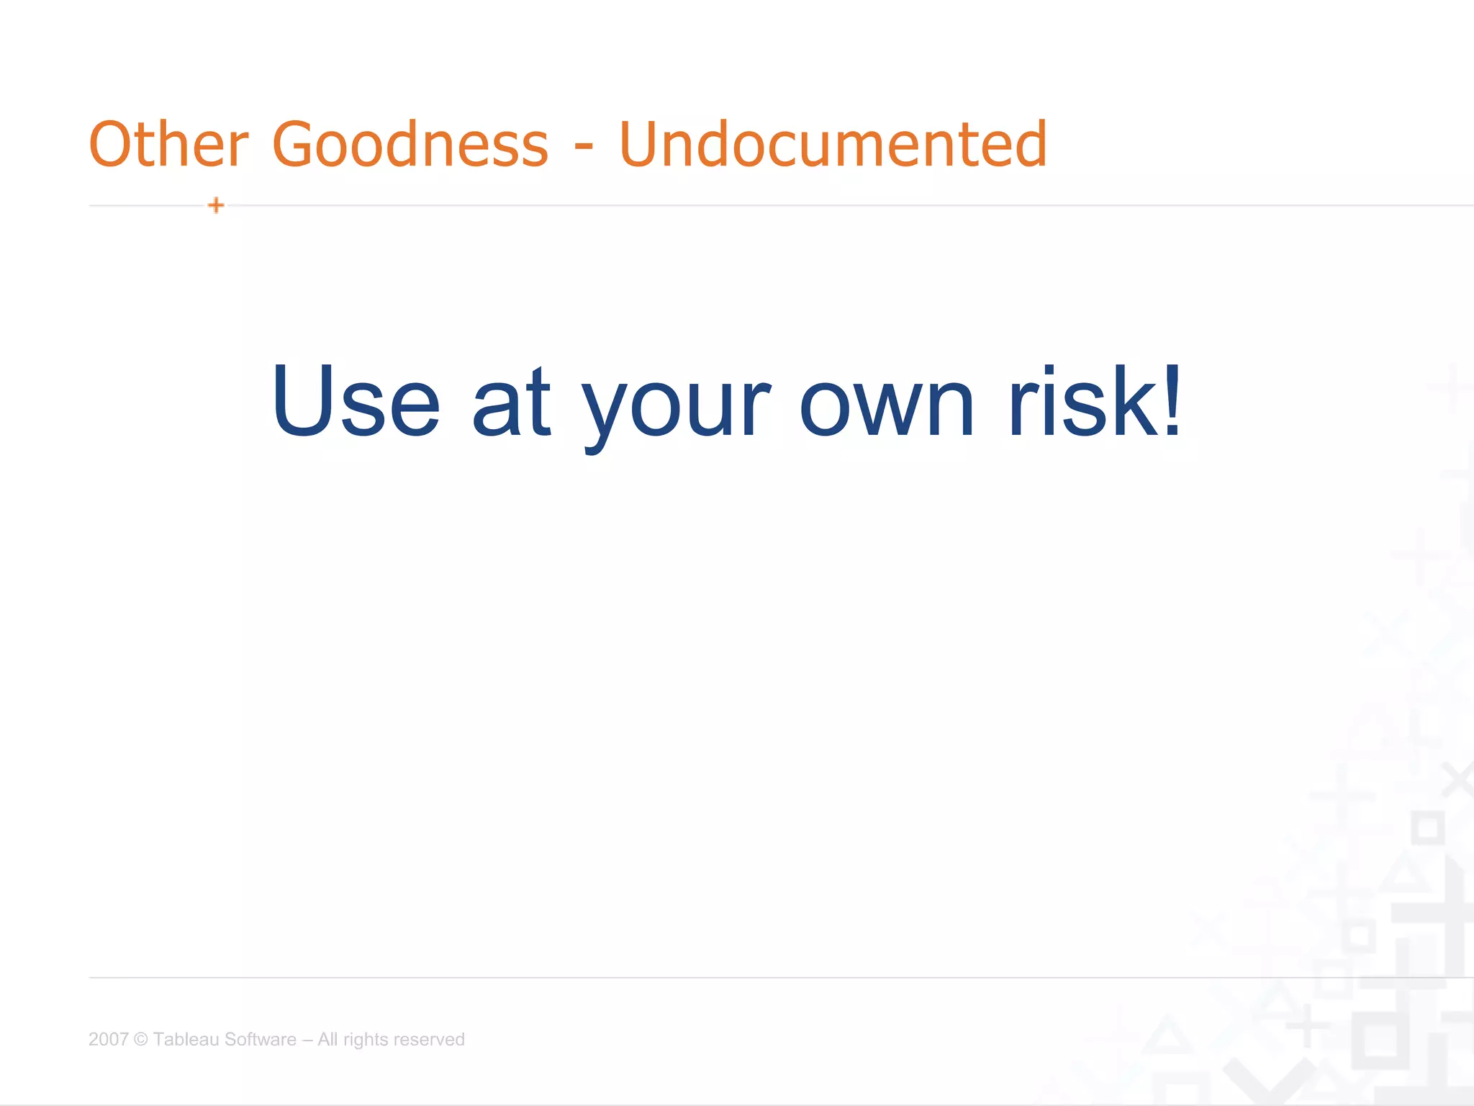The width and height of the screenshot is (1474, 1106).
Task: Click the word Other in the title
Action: tap(168, 145)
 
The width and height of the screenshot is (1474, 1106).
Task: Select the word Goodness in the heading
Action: tap(410, 145)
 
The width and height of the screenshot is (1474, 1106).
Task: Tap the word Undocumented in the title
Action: tap(833, 145)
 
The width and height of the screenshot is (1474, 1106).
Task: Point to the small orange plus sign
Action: tap(216, 206)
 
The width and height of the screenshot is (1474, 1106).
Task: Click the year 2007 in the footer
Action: tap(108, 1039)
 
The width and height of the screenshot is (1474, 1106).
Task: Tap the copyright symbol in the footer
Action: tap(141, 1040)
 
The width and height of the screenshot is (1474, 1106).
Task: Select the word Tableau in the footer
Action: tap(186, 1039)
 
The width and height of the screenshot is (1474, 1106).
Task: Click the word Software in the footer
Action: tap(261, 1039)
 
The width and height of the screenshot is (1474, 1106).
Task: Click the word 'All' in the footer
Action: tap(327, 1039)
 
